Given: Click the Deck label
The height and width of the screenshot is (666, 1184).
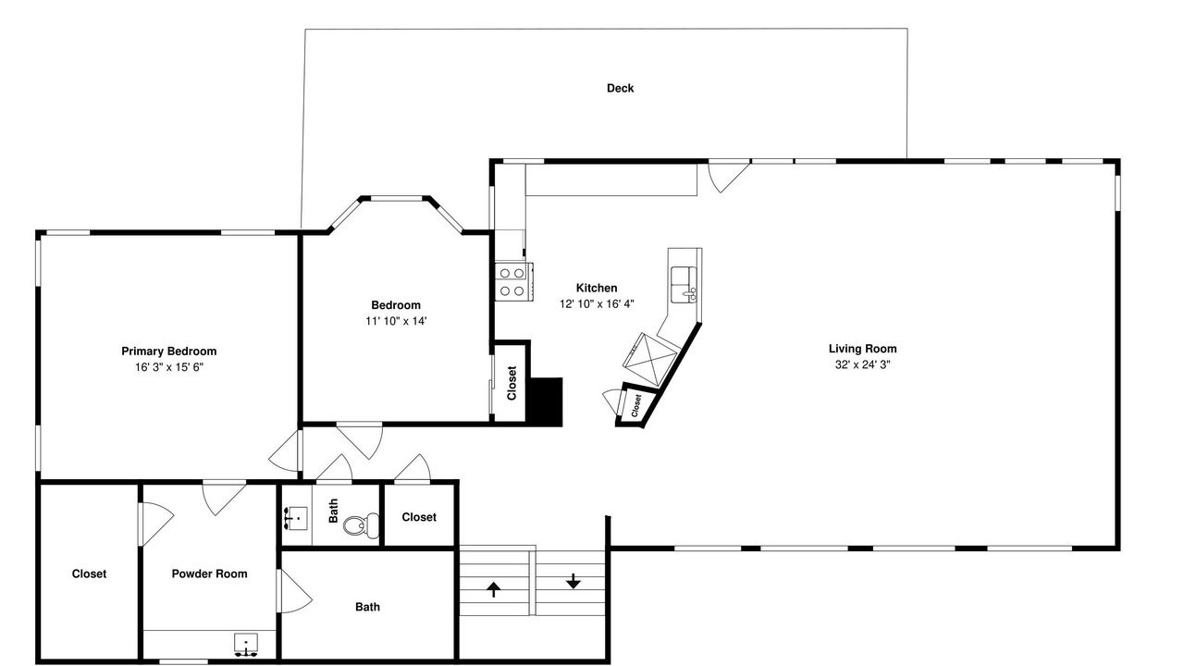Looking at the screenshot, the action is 620,88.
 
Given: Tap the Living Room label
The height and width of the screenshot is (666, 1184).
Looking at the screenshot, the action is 862,349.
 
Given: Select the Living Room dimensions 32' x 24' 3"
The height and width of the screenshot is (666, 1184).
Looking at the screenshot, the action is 862,364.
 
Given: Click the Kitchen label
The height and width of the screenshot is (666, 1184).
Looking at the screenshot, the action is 597,288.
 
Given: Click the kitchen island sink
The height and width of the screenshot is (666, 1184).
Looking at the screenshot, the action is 684,284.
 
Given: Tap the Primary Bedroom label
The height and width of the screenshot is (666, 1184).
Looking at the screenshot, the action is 168,351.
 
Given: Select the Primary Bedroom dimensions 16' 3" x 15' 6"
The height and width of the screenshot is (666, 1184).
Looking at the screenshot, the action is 168,367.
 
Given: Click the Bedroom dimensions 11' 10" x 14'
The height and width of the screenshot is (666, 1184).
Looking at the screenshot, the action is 396,321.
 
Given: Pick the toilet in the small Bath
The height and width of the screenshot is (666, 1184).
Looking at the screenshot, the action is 361,524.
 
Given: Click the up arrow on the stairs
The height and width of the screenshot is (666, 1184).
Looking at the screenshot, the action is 494,589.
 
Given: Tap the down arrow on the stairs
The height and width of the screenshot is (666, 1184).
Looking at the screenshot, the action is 573,582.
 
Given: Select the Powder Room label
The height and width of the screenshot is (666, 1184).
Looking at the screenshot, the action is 209,574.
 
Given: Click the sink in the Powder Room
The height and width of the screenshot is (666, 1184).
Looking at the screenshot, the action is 246,645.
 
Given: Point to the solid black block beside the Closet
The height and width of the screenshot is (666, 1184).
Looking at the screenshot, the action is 545,401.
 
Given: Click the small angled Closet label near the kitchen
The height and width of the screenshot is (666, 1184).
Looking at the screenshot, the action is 635,405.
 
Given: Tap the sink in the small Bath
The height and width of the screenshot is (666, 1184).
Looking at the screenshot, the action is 295,518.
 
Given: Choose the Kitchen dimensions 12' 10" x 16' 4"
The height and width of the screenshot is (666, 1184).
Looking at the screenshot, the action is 597,304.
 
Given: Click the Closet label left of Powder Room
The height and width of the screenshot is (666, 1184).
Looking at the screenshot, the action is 89,574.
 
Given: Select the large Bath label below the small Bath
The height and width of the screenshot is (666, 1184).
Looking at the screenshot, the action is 367,607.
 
